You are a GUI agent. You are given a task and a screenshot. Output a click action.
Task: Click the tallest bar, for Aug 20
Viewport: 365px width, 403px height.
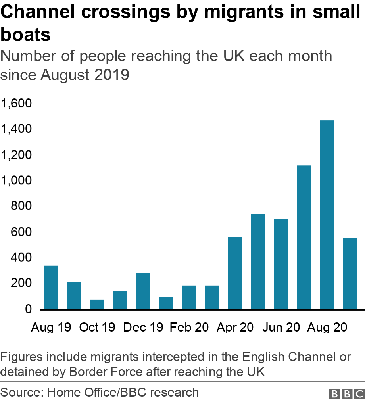327,215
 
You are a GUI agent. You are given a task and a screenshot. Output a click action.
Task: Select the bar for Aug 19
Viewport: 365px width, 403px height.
51,287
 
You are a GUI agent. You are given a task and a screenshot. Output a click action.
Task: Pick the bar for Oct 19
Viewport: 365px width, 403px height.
97,304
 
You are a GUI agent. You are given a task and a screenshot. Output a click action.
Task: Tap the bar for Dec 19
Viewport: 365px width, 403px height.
143,291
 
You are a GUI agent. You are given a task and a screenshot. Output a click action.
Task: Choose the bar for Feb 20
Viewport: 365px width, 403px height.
189,297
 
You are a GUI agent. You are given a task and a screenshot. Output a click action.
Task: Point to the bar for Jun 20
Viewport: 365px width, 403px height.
281,264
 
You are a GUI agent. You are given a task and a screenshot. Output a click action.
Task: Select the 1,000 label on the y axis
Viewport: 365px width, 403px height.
16,181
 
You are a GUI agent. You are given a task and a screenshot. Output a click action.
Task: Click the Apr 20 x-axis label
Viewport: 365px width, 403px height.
235,328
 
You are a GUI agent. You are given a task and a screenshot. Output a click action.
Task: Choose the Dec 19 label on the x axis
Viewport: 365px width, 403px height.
143,328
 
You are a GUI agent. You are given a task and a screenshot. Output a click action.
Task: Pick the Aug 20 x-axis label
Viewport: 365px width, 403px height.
327,328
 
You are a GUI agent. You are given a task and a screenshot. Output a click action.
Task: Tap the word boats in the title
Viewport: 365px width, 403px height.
25,35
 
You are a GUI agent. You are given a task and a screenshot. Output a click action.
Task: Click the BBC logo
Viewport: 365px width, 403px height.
346,393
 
